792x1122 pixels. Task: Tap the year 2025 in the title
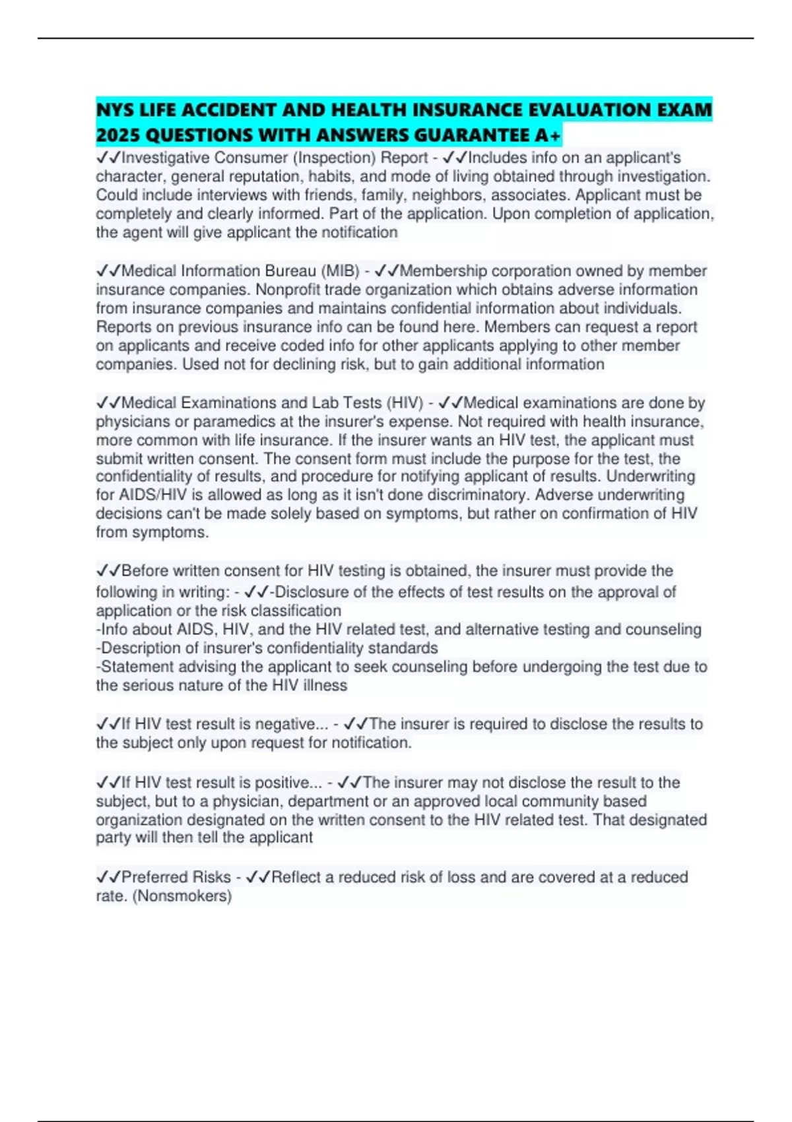[x=117, y=135]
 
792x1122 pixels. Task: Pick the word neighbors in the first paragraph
[x=447, y=195]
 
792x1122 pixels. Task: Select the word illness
[x=325, y=685]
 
